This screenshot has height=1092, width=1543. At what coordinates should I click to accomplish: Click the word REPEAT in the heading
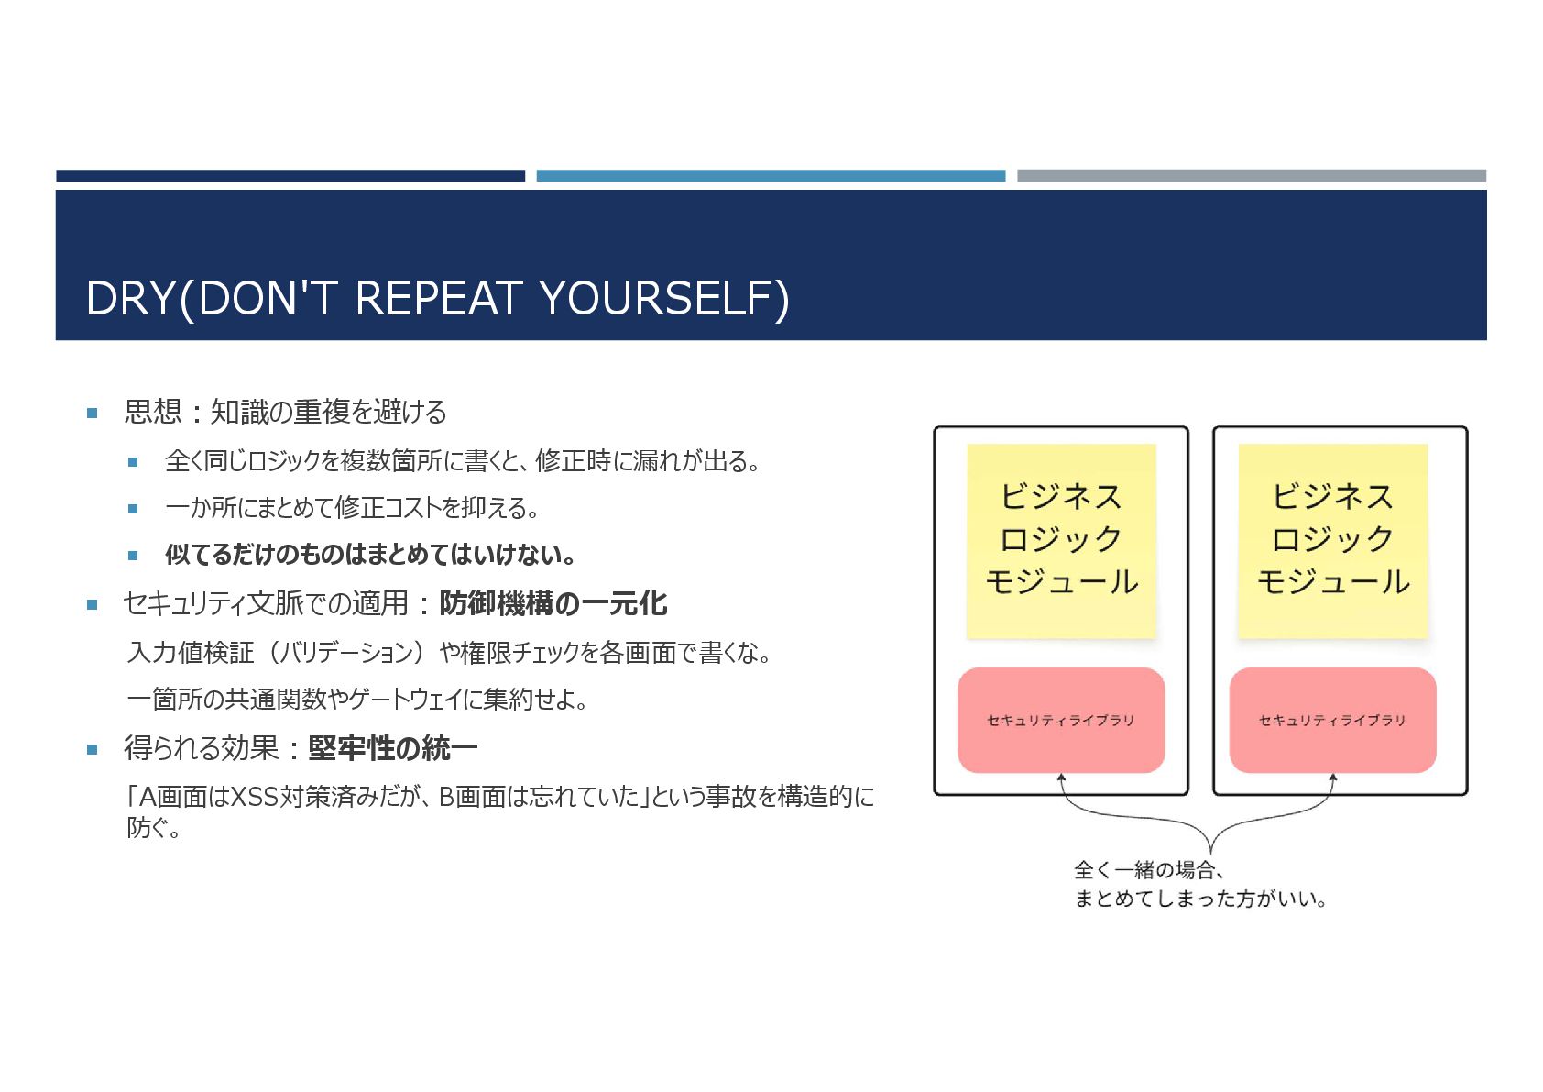coord(438,299)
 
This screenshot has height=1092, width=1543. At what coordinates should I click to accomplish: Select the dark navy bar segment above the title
coord(290,175)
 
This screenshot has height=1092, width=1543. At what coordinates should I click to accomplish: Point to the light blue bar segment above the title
coord(771,175)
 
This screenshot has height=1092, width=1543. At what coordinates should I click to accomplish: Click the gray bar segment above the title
coord(1252,175)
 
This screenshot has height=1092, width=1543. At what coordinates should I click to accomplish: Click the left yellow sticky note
coord(1061,540)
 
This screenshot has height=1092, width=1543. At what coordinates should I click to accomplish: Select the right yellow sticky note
coord(1332,540)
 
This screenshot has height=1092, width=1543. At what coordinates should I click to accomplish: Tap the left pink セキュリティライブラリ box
coord(1061,721)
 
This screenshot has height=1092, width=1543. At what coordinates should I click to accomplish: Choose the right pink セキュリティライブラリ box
coord(1332,721)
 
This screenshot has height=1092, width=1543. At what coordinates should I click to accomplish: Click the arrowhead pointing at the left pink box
coord(1061,778)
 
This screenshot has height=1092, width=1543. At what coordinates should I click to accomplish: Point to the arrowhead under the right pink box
coord(1333,778)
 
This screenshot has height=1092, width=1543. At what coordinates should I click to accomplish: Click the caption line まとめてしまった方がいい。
coord(1200,899)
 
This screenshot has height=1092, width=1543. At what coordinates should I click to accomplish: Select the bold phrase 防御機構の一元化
coord(553,603)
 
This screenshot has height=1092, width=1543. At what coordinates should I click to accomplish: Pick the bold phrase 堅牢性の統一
coord(393,749)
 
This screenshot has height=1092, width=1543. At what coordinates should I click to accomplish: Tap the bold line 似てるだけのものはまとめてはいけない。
coord(370,555)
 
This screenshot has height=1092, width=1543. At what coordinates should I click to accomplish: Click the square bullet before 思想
coord(92,414)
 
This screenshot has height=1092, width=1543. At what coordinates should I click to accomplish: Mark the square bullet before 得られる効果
coord(92,750)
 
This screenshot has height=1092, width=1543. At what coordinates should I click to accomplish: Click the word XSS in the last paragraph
coord(254,797)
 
